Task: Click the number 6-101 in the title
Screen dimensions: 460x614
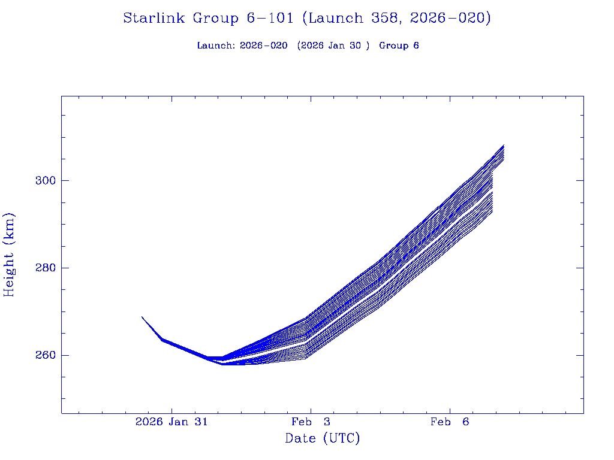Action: pyautogui.click(x=270, y=18)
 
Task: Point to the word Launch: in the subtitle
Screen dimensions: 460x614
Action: pyautogui.click(x=216, y=46)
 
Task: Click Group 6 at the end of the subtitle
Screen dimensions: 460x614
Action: pyautogui.click(x=399, y=46)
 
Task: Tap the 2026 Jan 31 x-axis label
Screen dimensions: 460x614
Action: pyautogui.click(x=171, y=422)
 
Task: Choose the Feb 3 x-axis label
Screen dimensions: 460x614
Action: pyautogui.click(x=311, y=422)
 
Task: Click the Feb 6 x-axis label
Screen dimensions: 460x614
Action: pyautogui.click(x=450, y=422)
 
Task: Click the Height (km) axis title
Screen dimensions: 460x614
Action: pyautogui.click(x=10, y=255)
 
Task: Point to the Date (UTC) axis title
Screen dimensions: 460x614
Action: pyautogui.click(x=323, y=438)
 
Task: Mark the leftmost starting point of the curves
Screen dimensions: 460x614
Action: pyautogui.click(x=142, y=317)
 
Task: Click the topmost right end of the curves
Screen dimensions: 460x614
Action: pyautogui.click(x=504, y=146)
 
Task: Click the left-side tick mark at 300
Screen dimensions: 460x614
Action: pyautogui.click(x=64, y=180)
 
